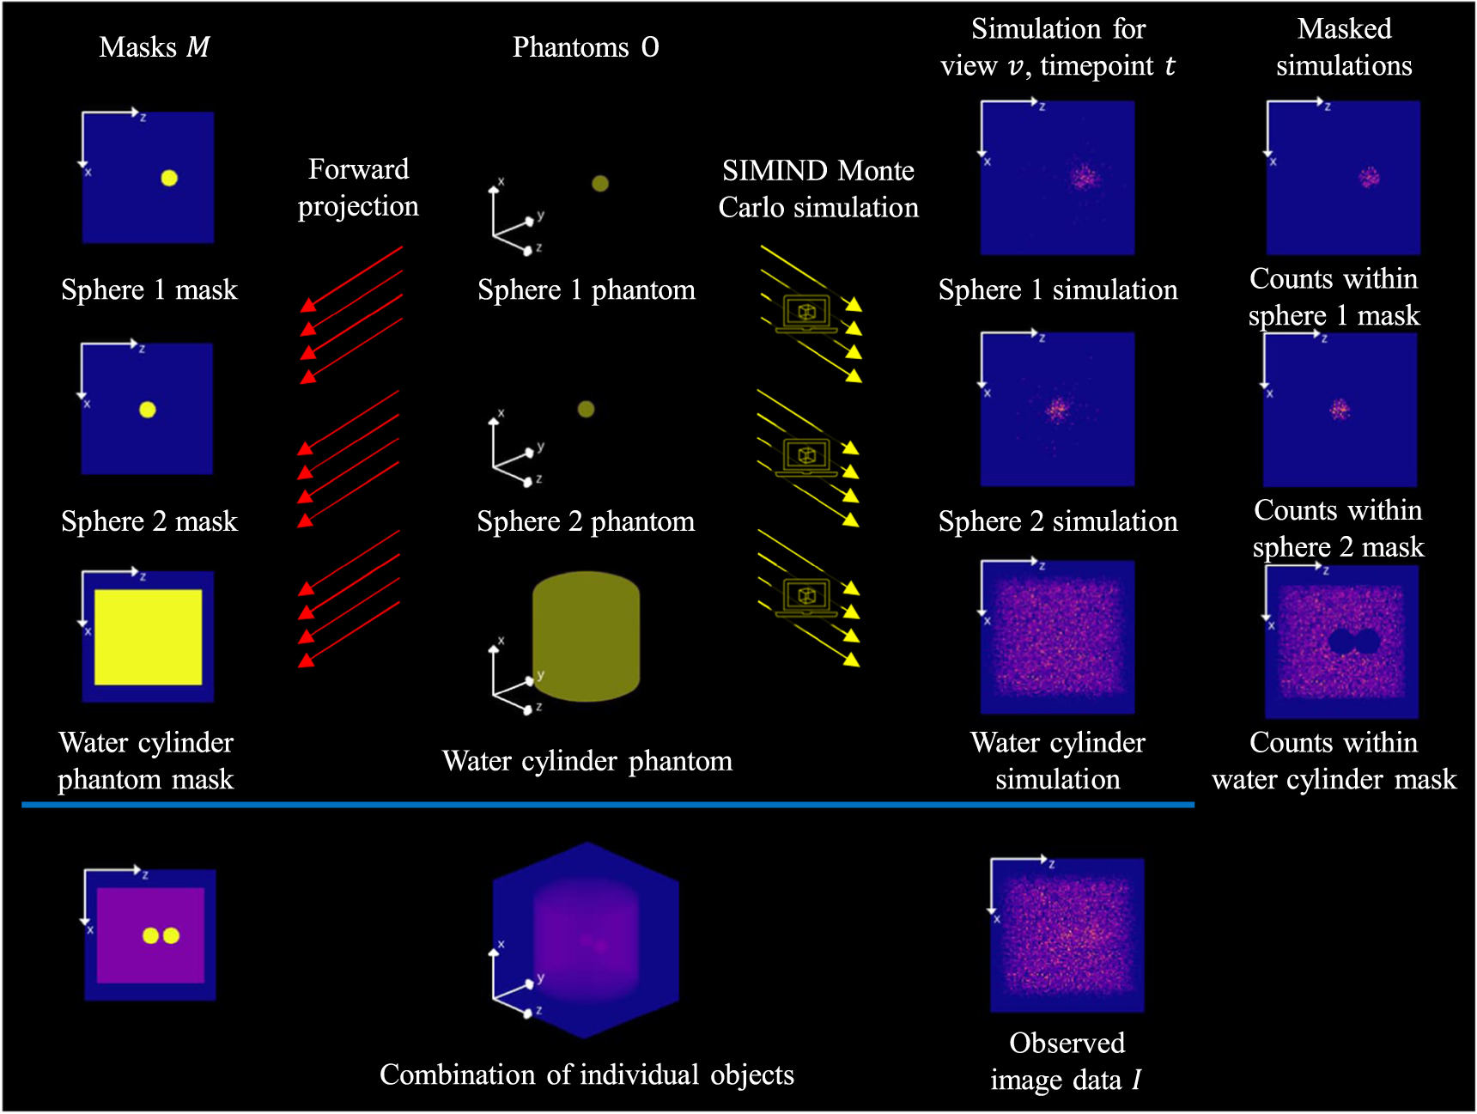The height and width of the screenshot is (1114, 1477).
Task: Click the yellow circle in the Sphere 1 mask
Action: click(x=169, y=178)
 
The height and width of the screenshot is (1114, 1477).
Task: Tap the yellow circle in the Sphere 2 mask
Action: click(x=148, y=410)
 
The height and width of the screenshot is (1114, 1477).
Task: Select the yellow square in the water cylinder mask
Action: click(x=149, y=636)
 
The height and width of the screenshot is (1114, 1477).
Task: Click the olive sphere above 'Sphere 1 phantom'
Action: click(x=600, y=183)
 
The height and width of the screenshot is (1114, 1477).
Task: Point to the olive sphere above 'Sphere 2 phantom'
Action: click(x=586, y=409)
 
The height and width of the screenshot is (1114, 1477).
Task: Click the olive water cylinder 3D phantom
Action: click(x=587, y=636)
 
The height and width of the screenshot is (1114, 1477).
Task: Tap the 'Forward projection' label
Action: click(x=358, y=187)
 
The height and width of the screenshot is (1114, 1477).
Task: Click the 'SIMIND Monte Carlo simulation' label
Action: click(x=818, y=189)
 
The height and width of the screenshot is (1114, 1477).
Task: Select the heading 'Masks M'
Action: click(x=155, y=47)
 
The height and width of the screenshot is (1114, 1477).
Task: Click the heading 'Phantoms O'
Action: click(x=586, y=47)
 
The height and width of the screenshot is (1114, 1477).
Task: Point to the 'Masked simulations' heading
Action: click(x=1344, y=47)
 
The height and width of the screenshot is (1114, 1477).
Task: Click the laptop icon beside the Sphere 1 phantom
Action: click(x=805, y=314)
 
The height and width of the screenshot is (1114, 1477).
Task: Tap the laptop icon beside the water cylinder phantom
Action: click(x=805, y=597)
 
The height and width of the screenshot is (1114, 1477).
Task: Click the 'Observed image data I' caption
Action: click(x=1067, y=1061)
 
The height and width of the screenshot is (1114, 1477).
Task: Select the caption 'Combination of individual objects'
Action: click(x=587, y=1074)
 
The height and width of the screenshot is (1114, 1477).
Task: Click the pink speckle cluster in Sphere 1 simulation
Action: click(x=1085, y=178)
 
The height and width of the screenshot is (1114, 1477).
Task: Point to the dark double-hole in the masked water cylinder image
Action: click(x=1353, y=641)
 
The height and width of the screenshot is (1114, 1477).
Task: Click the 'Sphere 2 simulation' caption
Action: click(x=1058, y=521)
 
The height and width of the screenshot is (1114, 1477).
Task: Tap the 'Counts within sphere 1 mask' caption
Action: click(x=1334, y=297)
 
